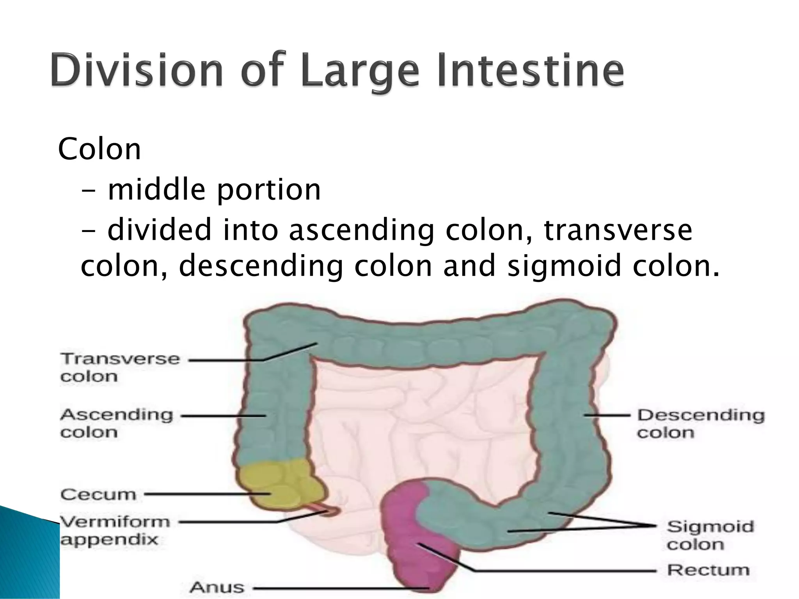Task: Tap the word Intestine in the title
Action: tap(531, 71)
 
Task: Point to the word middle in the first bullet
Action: tap(156, 189)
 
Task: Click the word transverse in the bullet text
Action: tap(618, 230)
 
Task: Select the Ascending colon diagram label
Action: tap(116, 423)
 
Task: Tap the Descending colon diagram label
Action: tap(701, 424)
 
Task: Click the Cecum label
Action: tap(98, 494)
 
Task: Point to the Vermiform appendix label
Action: tap(115, 530)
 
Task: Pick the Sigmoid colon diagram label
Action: tap(710, 535)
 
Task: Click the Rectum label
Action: tap(708, 570)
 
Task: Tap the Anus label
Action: tap(217, 587)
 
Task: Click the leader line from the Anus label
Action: tap(339, 588)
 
